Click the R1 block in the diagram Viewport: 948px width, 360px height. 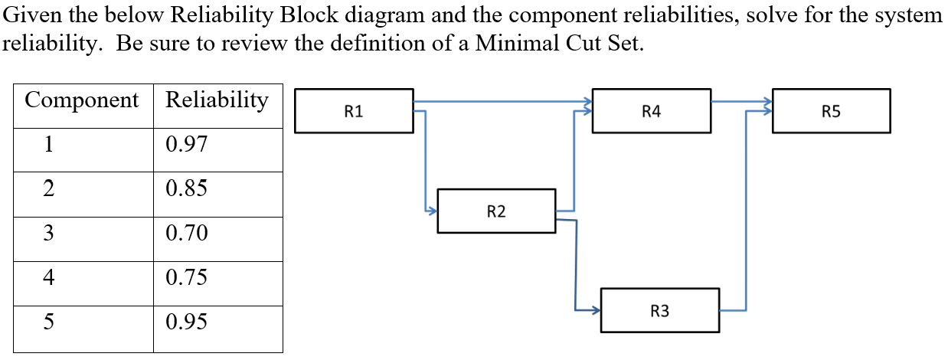354,111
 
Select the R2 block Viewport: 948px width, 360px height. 496,211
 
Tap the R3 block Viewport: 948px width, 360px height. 659,310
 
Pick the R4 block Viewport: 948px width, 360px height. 651,111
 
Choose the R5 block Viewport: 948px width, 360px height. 831,111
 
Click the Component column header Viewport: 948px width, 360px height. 82,100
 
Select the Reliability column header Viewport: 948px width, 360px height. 217,100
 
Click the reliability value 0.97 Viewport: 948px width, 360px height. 186,145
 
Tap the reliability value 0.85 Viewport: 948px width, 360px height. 186,188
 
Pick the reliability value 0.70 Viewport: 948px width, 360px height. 186,233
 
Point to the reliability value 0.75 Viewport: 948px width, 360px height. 186,277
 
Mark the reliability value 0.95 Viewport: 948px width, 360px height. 186,322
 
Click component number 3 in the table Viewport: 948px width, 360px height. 47,233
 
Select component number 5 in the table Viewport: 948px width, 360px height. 47,322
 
